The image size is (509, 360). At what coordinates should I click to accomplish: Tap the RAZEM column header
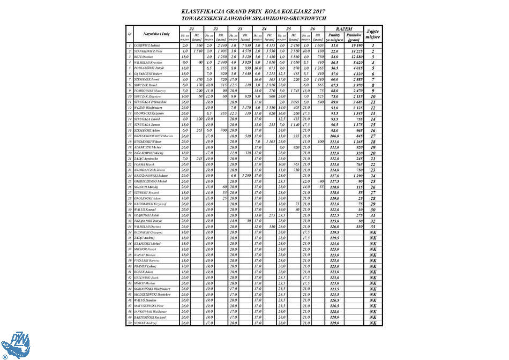point(344,28)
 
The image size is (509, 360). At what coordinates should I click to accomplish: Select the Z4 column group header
point(264,28)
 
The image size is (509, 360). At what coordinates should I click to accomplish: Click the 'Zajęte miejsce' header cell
point(373,34)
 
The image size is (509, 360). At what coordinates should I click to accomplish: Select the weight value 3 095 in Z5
point(293,102)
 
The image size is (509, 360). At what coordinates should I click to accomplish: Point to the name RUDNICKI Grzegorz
point(147,232)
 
